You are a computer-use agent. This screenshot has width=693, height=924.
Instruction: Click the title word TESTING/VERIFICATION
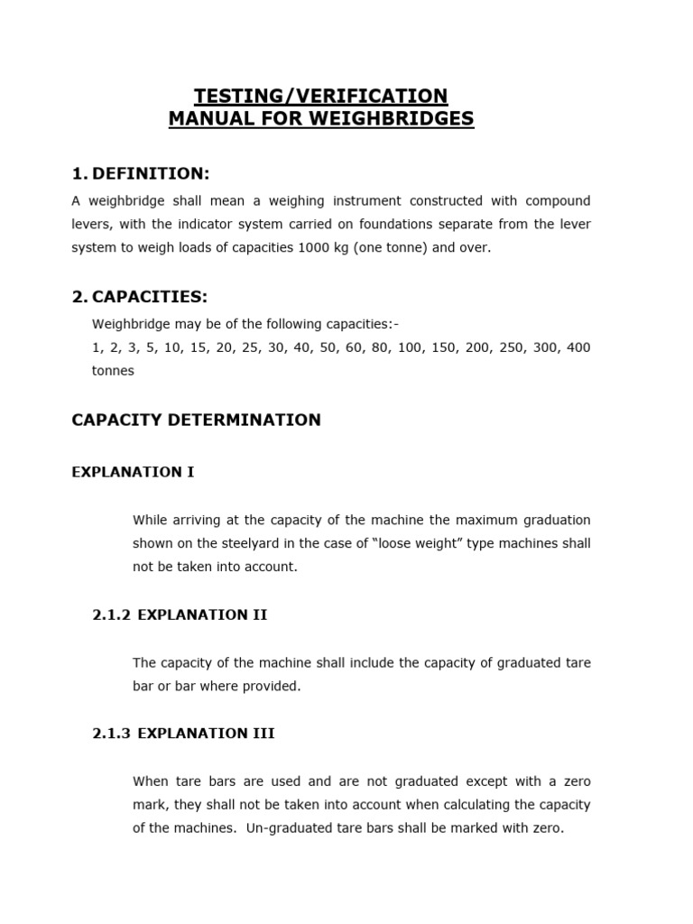[321, 96]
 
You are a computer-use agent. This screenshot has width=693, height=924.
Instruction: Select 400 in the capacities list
[578, 347]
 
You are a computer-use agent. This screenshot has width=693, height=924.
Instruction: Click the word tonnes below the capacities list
[113, 371]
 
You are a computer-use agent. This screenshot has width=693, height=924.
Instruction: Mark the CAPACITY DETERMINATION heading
[196, 420]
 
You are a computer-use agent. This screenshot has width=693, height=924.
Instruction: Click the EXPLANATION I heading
[133, 472]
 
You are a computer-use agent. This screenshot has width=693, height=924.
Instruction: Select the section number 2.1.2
[112, 614]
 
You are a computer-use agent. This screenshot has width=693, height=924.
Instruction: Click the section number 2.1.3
[112, 734]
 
